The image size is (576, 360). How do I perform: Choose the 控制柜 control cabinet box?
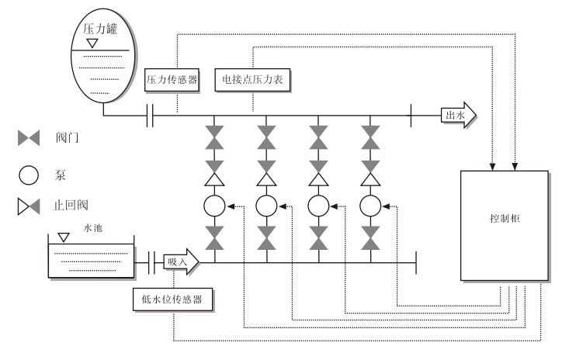[505, 224]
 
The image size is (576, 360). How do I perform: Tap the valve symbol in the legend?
[29, 139]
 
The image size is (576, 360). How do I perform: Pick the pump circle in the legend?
[29, 174]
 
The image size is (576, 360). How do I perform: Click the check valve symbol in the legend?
[29, 206]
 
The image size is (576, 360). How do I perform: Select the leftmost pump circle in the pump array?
[213, 206]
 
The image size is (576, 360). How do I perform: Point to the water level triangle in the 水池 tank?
[63, 238]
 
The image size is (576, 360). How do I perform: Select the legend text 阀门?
[69, 139]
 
